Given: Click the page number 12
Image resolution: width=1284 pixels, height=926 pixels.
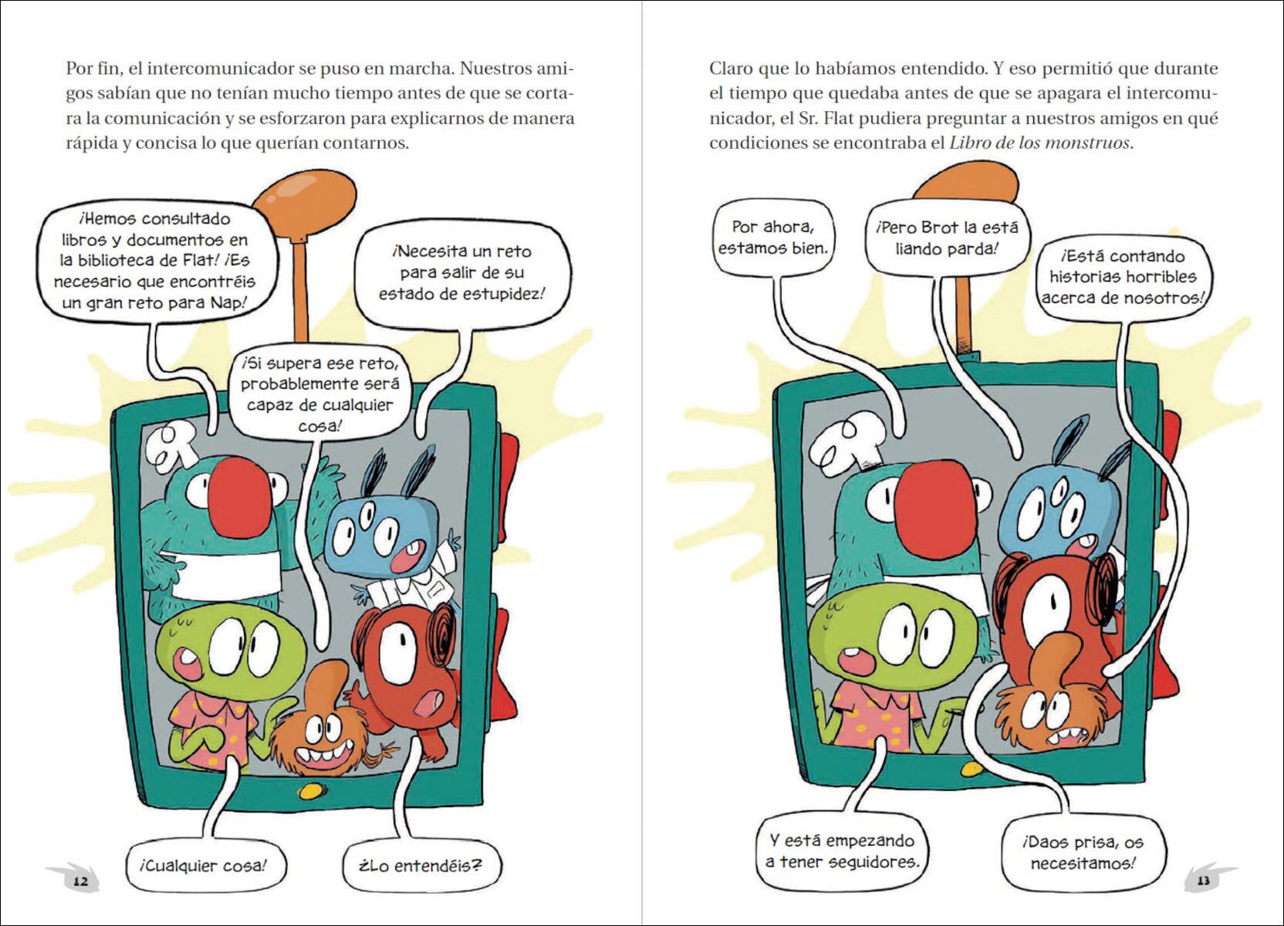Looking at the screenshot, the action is [x=80, y=880].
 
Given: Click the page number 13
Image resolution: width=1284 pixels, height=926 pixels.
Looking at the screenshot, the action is [x=1203, y=880].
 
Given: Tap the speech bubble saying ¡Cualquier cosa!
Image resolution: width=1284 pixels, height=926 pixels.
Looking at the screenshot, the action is [x=203, y=866].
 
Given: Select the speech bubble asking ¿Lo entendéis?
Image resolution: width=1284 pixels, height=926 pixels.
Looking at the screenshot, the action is [x=421, y=866].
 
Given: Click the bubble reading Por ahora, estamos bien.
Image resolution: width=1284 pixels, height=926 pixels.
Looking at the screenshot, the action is [x=772, y=238].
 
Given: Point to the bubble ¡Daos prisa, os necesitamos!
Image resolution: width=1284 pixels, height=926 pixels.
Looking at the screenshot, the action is [x=1083, y=853].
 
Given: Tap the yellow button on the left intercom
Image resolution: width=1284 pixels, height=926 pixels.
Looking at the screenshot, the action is [x=311, y=792].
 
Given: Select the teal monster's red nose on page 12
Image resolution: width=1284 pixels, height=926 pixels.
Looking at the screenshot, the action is [x=240, y=497].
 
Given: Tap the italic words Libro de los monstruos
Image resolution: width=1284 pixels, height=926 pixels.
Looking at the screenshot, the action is [x=1039, y=142].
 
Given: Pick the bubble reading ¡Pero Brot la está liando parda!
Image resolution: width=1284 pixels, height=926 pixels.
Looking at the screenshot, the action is [x=947, y=238].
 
